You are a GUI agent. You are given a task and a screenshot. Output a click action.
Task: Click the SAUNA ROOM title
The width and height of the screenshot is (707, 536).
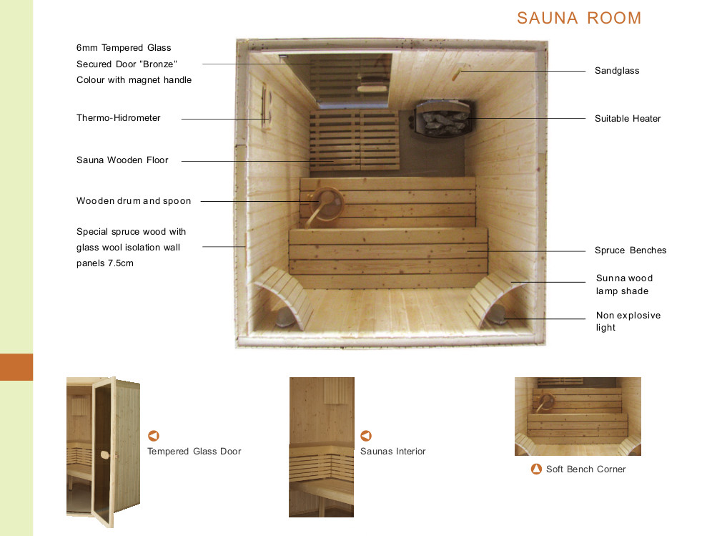(579, 18)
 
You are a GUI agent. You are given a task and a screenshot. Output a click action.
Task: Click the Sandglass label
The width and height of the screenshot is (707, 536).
(617, 71)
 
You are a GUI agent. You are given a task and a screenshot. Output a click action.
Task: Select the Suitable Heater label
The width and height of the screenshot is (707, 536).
(628, 118)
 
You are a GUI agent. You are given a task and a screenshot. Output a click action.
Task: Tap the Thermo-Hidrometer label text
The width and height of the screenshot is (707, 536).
(119, 118)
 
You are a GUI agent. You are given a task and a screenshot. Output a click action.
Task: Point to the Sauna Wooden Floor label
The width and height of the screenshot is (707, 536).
(122, 160)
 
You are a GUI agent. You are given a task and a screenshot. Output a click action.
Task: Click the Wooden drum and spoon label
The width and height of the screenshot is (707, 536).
(134, 201)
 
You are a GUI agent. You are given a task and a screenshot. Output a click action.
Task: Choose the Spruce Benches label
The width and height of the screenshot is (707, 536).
(631, 250)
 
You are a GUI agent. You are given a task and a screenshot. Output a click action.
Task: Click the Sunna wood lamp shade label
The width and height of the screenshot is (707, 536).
(624, 285)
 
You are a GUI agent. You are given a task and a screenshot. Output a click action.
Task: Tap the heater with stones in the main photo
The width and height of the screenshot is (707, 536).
(443, 120)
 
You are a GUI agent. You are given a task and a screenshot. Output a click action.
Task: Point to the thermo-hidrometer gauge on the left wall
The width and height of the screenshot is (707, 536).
(266, 107)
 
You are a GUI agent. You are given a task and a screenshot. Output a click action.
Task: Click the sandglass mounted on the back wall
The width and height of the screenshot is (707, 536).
(461, 72)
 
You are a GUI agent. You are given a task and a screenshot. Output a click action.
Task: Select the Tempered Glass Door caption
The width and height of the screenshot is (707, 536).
(194, 452)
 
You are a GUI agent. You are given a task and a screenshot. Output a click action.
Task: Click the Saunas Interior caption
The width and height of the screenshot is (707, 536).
(392, 452)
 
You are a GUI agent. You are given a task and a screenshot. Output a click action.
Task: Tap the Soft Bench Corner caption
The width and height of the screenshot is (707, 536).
(585, 469)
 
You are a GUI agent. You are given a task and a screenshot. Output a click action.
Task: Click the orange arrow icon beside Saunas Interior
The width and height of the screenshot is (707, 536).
(366, 436)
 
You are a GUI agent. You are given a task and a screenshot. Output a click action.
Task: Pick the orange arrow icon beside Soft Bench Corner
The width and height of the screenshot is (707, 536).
(536, 469)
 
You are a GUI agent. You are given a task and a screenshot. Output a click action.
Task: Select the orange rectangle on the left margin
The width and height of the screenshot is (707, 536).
(16, 367)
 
